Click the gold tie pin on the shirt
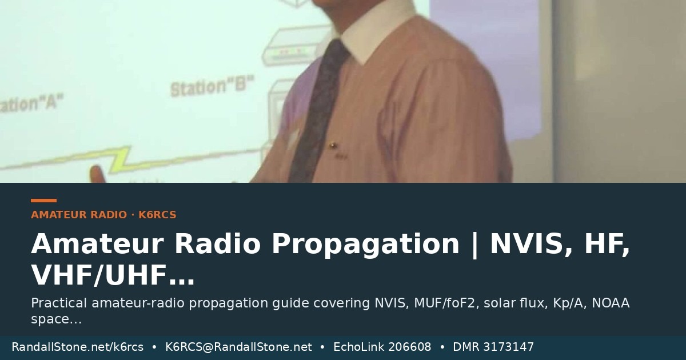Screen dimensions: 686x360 tap(333, 145)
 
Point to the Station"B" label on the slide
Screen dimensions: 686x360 tap(212, 86)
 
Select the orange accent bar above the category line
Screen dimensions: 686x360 tap(44, 201)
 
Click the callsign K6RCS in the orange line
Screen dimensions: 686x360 tap(157, 215)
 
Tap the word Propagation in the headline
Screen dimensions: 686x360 tap(366, 243)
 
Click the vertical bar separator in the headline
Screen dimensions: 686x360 tap(475, 245)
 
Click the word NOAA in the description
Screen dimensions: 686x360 tap(611, 303)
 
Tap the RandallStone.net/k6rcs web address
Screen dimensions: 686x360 tap(78, 347)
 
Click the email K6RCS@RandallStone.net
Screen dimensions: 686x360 tap(238, 347)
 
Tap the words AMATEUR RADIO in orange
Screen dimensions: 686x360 tap(79, 215)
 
